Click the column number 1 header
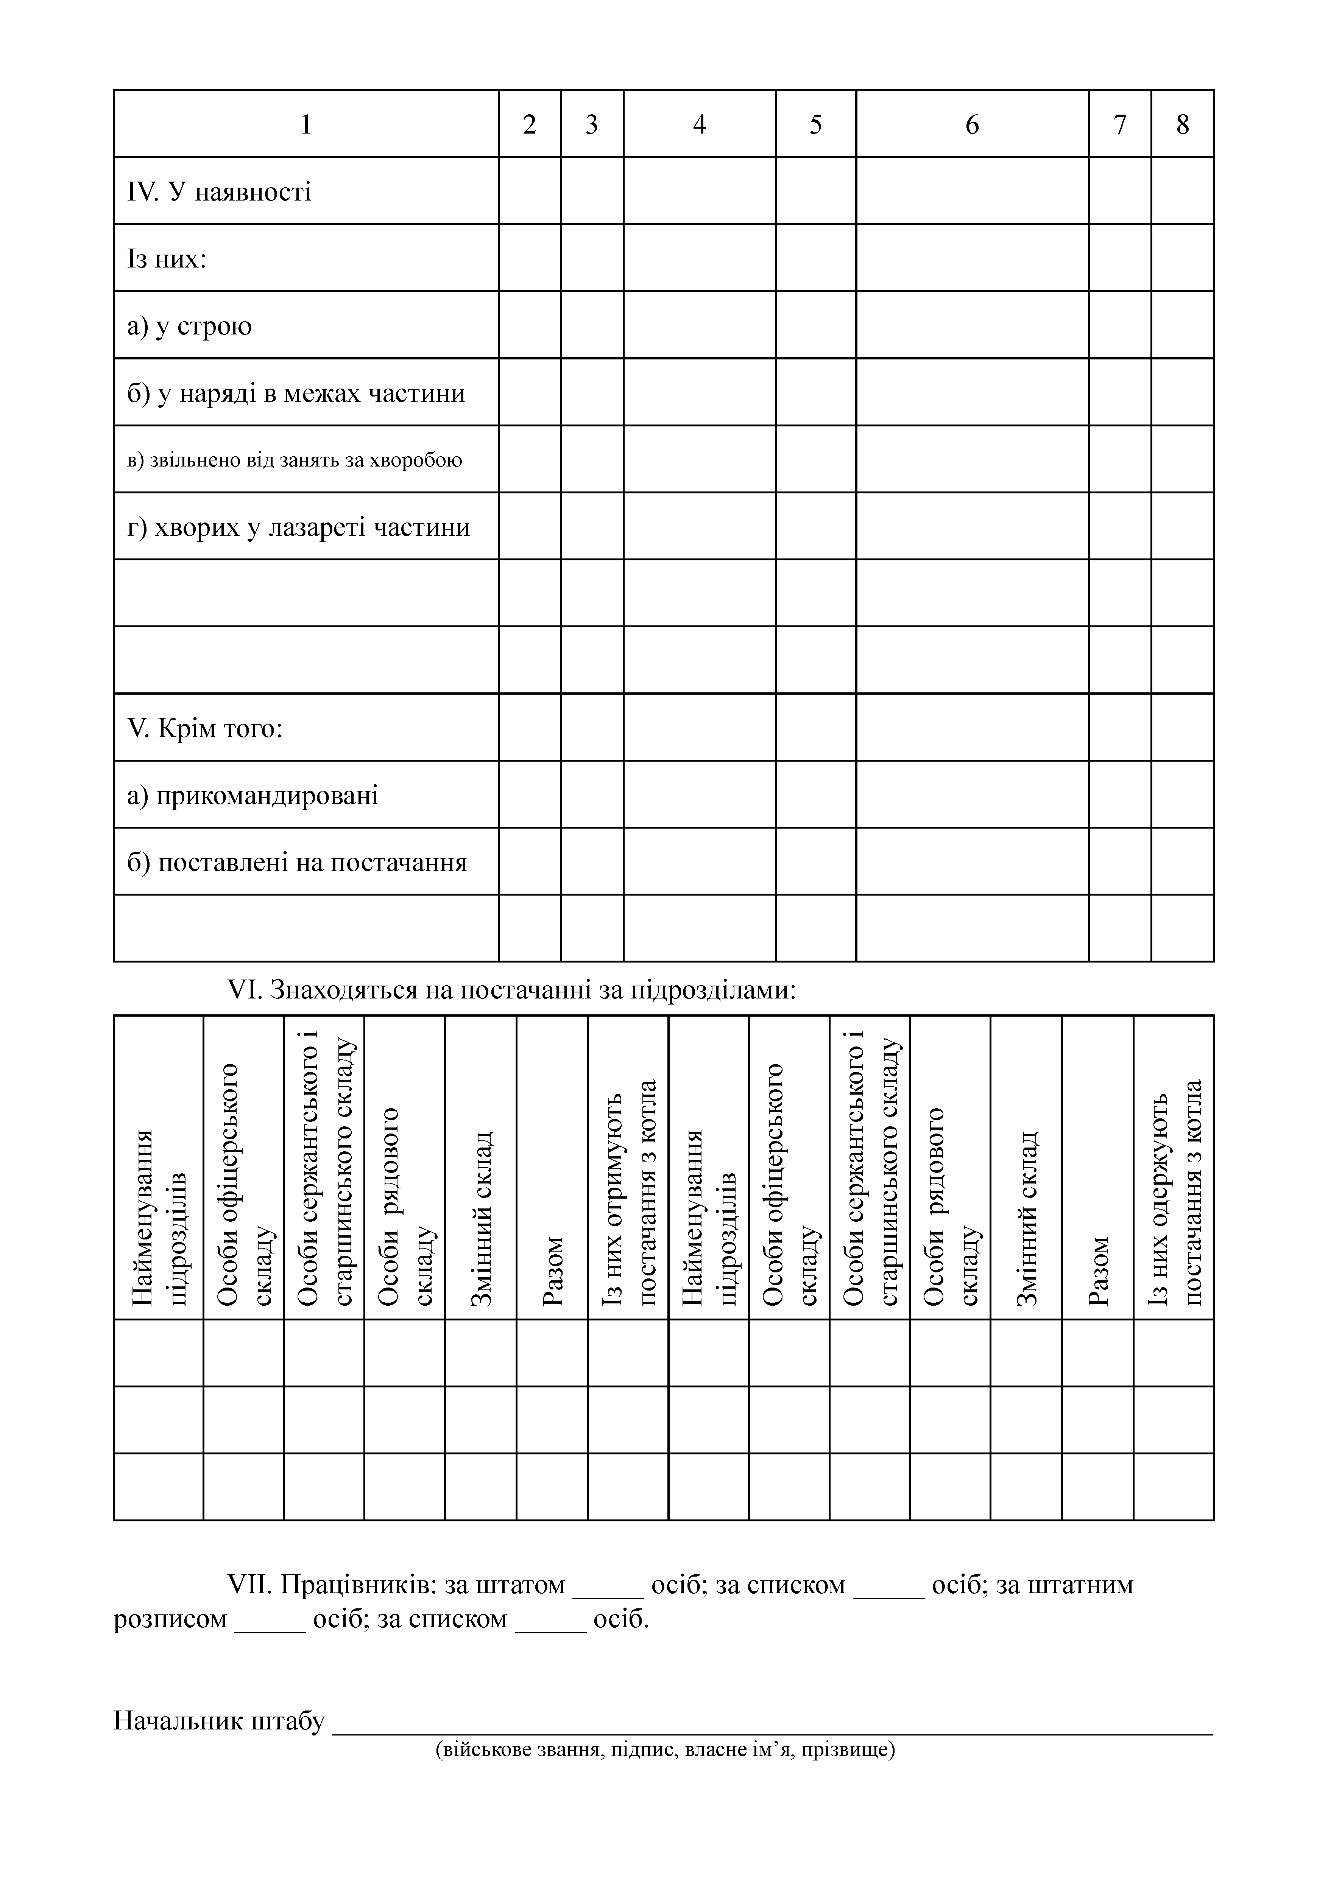point(306,124)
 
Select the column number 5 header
point(815,124)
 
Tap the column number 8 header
point(1183,124)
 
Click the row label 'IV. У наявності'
point(219,192)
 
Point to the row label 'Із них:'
point(167,259)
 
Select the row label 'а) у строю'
point(190,326)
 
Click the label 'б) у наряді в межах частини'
point(296,393)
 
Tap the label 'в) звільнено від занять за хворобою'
point(295,460)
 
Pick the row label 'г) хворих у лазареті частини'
point(298,527)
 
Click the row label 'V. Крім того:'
point(204,728)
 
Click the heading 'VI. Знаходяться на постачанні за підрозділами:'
point(511,991)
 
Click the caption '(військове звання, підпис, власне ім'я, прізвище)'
point(666,1749)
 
